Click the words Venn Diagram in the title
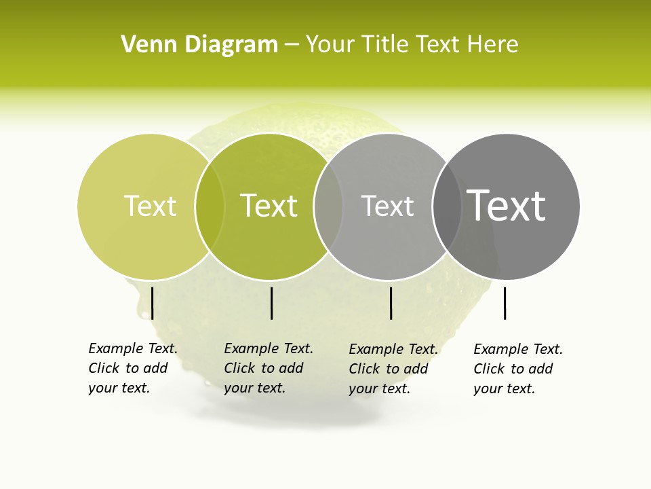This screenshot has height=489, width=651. pos(199,45)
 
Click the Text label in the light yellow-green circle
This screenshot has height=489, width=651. pos(150,206)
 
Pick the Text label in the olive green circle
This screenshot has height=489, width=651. pos(269,206)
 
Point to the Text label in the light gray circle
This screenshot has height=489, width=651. pos(387,206)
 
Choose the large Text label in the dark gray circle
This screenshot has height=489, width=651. pos(507,205)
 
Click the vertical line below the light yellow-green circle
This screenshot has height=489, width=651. pos(153,303)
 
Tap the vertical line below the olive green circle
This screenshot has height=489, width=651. pos(271,303)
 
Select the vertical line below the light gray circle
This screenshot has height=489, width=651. pos(391,303)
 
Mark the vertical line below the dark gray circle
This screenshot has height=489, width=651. pos(505,303)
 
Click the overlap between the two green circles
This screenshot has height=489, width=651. pos(210,206)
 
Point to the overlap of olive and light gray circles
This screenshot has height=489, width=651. pos(328,206)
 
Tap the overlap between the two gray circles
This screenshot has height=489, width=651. pos(447,206)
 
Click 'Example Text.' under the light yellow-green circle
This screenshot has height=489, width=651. pos(133,348)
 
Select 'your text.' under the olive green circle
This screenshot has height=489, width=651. pos(254,388)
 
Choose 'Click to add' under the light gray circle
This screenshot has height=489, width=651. pos(389,369)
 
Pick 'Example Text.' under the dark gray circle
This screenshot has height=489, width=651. pos(518,349)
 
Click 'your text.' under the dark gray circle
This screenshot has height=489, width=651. pos(504,388)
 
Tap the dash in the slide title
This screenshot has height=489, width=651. pos(292,45)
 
